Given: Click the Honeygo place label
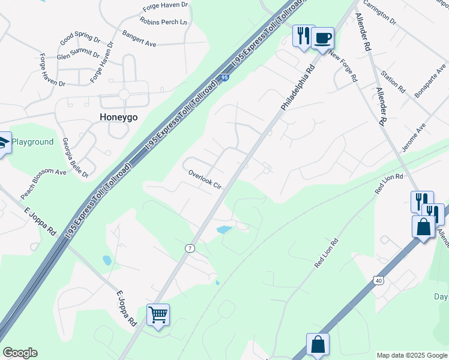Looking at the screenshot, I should click(x=119, y=118).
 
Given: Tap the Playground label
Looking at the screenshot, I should click(x=33, y=142).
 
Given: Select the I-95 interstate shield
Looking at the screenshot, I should click(x=224, y=77).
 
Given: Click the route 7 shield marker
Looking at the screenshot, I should click(x=190, y=248).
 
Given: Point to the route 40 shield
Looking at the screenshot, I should click(x=378, y=280).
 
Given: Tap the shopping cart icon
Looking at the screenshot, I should click(x=158, y=314).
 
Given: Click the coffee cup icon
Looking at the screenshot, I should click(x=322, y=38).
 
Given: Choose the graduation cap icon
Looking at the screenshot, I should click(x=2, y=143).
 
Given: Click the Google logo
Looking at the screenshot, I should click(x=20, y=353).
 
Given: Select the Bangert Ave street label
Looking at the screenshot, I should click(x=139, y=39).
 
